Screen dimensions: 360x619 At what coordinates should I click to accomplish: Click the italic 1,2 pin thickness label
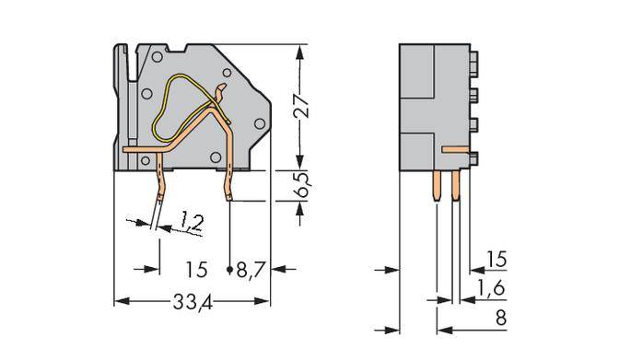pyautogui.click(x=191, y=220)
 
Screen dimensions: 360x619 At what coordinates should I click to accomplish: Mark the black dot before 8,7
pyautogui.click(x=230, y=270)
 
